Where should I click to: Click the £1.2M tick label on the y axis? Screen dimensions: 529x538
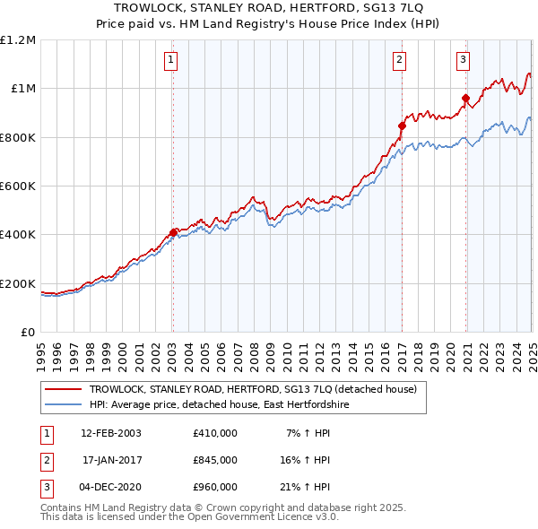coord(18,39)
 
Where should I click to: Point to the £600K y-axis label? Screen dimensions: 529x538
coord(18,186)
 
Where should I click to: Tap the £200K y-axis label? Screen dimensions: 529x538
coord(18,283)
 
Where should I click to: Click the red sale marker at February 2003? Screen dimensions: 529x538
coord(173,232)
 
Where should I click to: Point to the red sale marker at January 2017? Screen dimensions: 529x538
coord(402,126)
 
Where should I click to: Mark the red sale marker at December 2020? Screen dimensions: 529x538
coord(466,99)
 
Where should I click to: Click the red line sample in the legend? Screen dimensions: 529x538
coord(63,390)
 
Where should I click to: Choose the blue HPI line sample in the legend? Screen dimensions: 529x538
coord(63,405)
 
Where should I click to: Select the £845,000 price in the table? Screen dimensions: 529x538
coord(214,460)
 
